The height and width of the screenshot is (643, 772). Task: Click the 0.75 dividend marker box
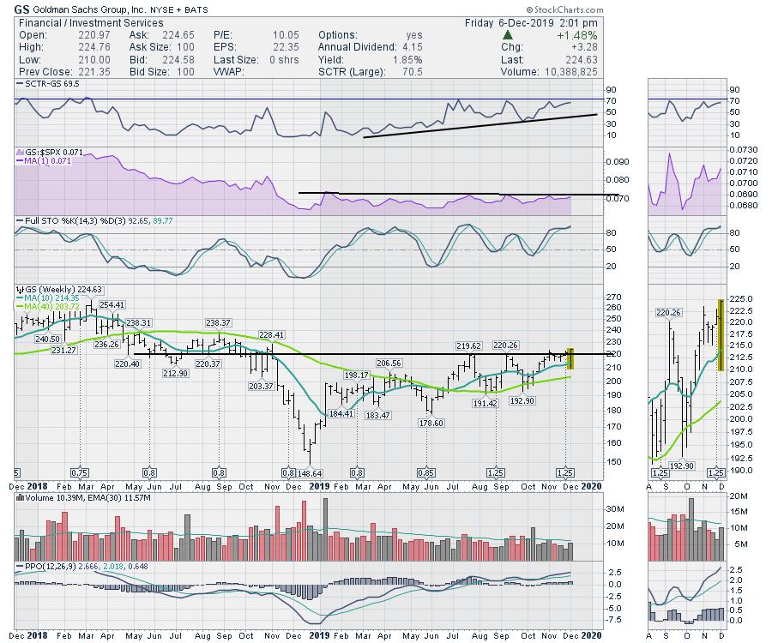(80, 472)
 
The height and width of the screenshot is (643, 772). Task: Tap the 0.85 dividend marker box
(425, 472)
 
